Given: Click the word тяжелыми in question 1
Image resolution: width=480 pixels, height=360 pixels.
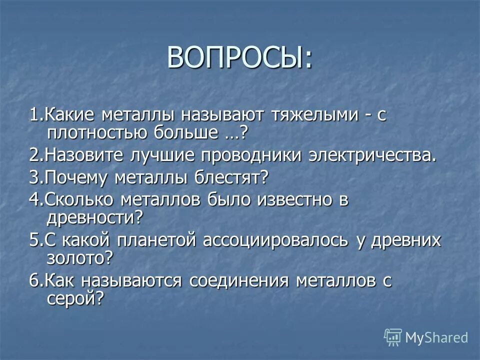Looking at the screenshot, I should [313, 116].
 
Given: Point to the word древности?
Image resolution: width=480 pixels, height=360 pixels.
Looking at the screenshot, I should [94, 217].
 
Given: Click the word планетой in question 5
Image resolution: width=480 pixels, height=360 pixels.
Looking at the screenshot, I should [158, 240].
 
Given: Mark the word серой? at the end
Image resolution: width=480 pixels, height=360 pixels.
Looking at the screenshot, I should [75, 298].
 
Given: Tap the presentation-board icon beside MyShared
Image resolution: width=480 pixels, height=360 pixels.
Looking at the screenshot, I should [393, 337].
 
